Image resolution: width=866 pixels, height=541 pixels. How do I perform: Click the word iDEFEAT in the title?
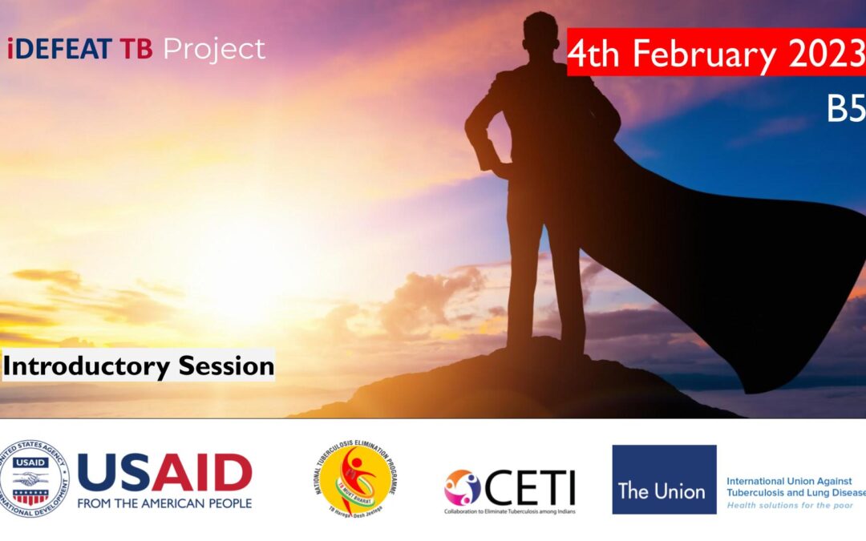pos(60,50)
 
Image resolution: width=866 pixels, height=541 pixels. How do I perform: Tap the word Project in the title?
pos(214,50)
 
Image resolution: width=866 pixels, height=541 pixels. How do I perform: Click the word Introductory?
pos(87,366)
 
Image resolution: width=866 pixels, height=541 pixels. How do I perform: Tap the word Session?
pos(226,366)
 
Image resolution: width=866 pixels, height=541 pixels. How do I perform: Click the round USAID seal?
pos(34,479)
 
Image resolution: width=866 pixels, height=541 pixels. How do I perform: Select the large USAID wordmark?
pos(164,472)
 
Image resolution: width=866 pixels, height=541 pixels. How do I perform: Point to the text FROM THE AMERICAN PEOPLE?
pos(164,503)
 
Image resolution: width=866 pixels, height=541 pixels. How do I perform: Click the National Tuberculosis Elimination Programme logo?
pos(355,479)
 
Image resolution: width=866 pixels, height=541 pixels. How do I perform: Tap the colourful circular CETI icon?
pos(463,486)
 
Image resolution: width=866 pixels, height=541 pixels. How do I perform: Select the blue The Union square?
pos(664,479)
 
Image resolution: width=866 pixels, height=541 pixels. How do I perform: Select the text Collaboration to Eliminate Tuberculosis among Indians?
pos(510,511)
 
